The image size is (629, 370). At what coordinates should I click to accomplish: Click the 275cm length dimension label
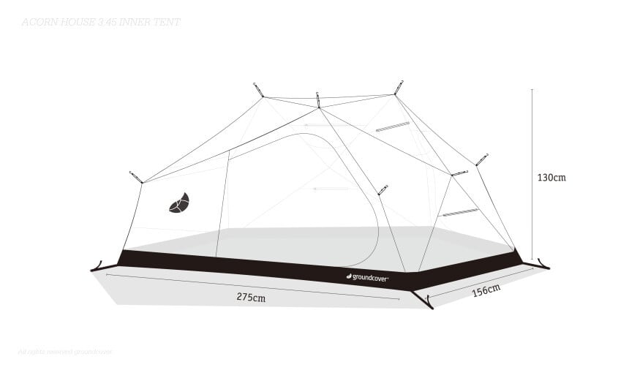click(251, 297)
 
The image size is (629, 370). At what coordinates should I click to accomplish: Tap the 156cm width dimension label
click(486, 290)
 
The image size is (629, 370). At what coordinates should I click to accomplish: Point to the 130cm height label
click(551, 177)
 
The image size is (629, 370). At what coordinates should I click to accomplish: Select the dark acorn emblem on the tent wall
click(180, 203)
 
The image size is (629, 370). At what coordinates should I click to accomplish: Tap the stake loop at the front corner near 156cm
click(422, 299)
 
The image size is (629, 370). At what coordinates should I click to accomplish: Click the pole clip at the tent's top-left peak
click(258, 88)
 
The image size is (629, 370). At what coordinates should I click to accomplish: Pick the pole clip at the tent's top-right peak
click(399, 86)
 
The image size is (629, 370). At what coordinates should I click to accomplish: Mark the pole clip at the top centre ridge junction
click(318, 99)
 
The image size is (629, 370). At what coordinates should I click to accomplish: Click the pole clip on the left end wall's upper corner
click(135, 177)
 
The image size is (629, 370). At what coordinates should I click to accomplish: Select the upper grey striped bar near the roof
click(393, 127)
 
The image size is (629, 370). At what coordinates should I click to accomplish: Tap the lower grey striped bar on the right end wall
click(459, 213)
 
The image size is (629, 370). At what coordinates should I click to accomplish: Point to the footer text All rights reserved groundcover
click(66, 351)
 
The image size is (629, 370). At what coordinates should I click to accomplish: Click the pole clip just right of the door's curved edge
click(382, 190)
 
